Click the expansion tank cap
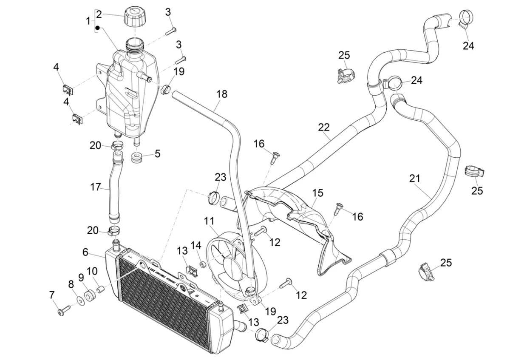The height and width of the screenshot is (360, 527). tap(135, 17)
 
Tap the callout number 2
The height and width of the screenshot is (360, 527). tap(99, 14)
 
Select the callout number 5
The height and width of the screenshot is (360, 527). tap(157, 153)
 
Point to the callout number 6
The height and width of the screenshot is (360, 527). tap(85, 252)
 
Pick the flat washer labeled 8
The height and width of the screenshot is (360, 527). tap(80, 301)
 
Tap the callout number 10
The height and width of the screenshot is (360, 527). tap(92, 271)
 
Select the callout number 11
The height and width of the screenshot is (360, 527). tap(209, 221)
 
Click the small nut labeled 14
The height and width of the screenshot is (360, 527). tap(203, 265)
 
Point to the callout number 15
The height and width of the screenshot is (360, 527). tap(318, 193)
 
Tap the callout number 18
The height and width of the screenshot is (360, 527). tap(221, 94)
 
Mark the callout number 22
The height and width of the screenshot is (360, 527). tap(324, 127)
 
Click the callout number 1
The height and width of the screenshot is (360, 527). tap(88, 20)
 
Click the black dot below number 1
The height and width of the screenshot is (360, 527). tap(97, 28)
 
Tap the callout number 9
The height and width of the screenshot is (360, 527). tap(81, 277)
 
